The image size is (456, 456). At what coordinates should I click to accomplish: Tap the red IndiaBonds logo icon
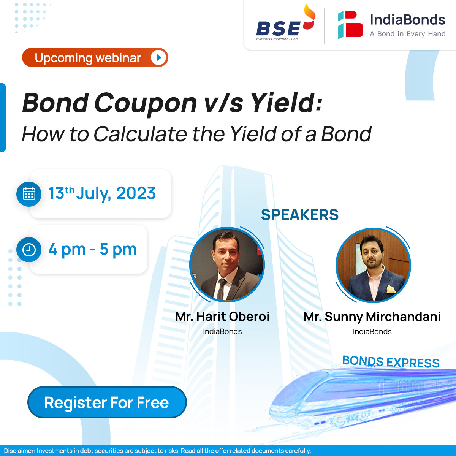(350, 25)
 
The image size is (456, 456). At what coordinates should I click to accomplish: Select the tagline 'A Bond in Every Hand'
(407, 34)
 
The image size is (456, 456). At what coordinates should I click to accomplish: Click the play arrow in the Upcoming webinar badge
(158, 58)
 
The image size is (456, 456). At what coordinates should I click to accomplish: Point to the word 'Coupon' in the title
(146, 103)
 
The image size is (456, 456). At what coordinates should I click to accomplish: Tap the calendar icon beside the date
(29, 194)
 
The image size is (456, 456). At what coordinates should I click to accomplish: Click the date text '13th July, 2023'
(102, 193)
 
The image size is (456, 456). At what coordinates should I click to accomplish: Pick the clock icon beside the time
(29, 250)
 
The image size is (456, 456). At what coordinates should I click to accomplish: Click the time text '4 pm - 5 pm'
(92, 250)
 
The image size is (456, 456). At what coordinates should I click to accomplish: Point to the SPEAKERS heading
(299, 215)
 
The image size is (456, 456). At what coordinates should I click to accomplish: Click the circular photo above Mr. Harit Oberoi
(227, 264)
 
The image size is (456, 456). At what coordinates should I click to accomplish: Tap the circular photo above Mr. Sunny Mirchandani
(373, 265)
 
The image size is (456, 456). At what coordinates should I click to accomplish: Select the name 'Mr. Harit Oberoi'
(222, 317)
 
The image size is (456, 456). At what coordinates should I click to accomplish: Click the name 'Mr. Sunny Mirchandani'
(372, 317)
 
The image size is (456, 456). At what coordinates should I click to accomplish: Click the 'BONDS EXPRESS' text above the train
(391, 362)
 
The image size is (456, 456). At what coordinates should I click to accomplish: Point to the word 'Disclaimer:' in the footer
(19, 451)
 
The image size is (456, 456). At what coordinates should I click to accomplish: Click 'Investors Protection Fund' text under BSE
(276, 39)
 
